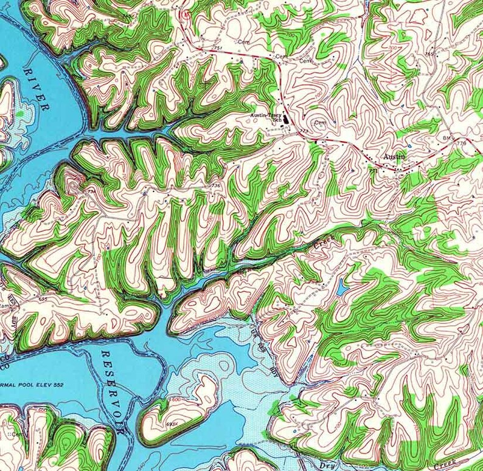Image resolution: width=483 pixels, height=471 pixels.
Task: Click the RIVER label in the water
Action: coord(36,89)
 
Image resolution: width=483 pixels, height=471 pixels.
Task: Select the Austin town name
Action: coord(394,157)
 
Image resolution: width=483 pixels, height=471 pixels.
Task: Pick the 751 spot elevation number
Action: coord(218,48)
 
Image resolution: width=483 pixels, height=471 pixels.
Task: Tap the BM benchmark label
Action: coord(448,139)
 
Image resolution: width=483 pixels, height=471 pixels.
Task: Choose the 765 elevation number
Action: coord(430,54)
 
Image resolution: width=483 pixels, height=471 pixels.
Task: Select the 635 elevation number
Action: coord(43,298)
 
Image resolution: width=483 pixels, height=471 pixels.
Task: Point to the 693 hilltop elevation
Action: coord(172,423)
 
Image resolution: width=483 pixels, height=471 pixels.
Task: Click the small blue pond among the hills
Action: coord(342,286)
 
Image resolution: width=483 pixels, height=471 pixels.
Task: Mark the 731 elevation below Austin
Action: coord(372,171)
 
